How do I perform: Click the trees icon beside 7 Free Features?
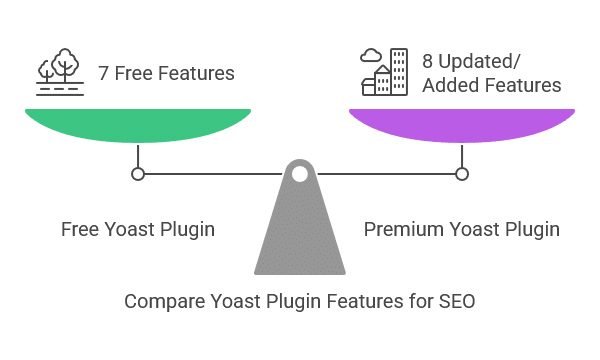[x=59, y=71]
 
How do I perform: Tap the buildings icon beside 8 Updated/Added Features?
[x=386, y=72]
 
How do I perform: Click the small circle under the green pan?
[x=138, y=174]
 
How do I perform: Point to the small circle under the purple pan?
[x=462, y=174]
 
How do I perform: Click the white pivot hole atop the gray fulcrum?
[x=299, y=174]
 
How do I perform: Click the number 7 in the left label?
[x=103, y=73]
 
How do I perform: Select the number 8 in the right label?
[x=429, y=61]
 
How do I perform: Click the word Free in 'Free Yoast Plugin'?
[x=80, y=230]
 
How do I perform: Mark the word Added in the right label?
[x=450, y=85]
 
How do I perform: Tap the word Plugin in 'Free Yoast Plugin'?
[x=186, y=230]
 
